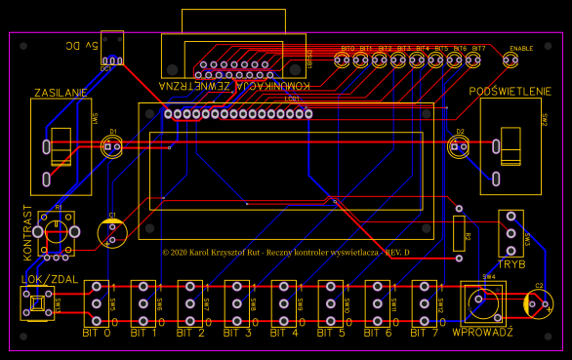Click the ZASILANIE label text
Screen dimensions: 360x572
click(x=61, y=93)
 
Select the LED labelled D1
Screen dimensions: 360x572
click(x=112, y=147)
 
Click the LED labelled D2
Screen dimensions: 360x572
click(x=458, y=147)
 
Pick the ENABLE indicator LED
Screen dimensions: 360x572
click(x=511, y=60)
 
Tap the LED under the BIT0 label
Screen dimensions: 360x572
click(x=342, y=60)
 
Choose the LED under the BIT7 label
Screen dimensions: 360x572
click(x=473, y=60)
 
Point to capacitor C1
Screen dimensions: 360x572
click(x=113, y=232)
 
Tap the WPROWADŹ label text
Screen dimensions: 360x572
click(x=482, y=333)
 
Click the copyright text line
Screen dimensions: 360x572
click(x=285, y=252)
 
